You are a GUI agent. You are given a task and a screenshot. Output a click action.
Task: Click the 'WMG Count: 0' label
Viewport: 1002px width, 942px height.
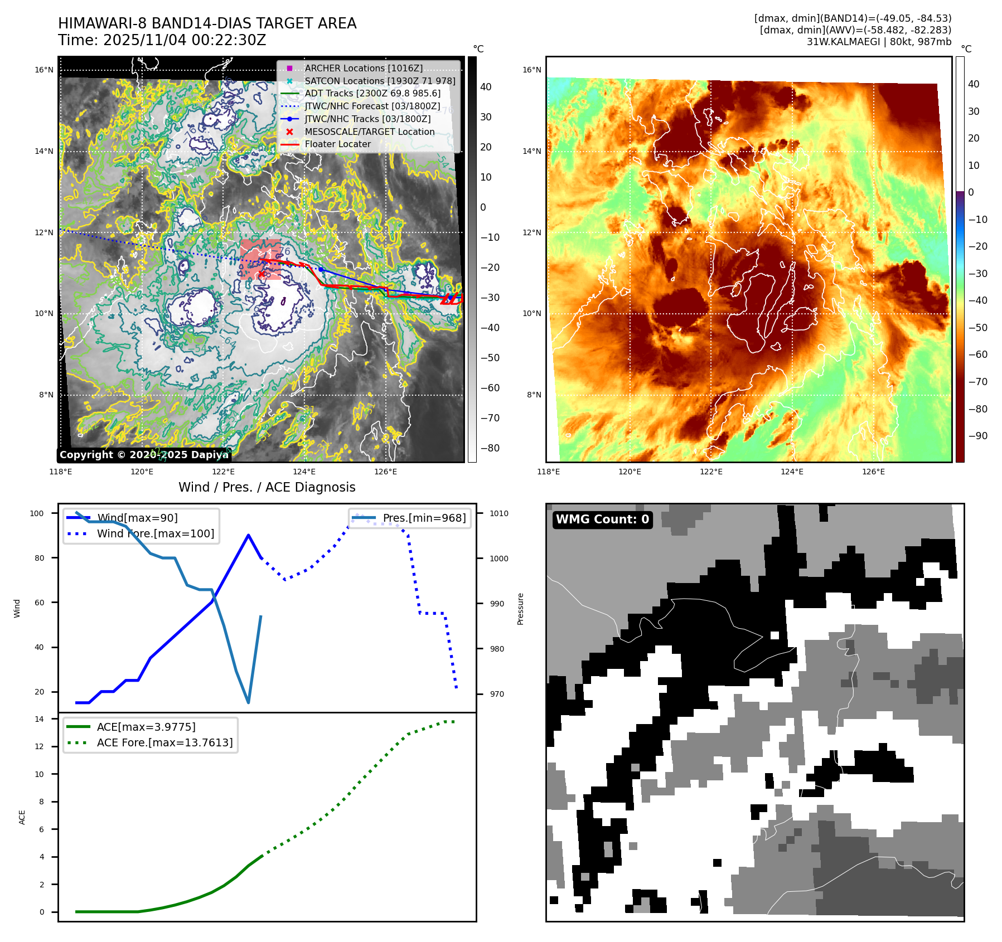(x=602, y=519)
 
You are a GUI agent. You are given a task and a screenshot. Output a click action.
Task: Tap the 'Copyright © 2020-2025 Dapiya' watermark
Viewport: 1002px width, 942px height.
(x=144, y=455)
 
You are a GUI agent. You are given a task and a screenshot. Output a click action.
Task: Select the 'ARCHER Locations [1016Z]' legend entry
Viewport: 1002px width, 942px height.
(x=364, y=68)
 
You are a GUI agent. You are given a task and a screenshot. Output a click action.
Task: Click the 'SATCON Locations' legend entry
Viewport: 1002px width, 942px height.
(x=380, y=81)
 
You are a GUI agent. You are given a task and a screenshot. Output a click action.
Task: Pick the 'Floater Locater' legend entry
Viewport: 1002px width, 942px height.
(x=337, y=144)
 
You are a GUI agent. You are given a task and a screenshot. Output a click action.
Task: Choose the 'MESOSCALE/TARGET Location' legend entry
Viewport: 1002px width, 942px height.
(x=369, y=132)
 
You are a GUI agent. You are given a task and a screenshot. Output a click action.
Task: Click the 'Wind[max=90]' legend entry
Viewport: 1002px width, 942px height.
(x=137, y=518)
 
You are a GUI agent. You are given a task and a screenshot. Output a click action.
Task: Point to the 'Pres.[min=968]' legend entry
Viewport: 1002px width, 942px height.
(x=424, y=518)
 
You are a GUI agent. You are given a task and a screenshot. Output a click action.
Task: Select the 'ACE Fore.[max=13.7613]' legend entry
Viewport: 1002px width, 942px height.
(x=164, y=742)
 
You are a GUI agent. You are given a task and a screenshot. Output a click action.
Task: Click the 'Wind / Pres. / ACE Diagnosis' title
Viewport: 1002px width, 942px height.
(x=267, y=487)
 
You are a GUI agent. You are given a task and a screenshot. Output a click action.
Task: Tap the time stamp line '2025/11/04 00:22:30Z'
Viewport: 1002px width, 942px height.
(x=162, y=40)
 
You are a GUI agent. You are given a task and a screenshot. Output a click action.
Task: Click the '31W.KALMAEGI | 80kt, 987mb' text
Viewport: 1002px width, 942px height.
(x=879, y=42)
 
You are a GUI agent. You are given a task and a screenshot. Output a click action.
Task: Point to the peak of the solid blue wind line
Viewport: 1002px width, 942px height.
(x=248, y=535)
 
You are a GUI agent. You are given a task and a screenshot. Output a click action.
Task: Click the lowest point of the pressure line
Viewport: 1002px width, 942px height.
(x=248, y=702)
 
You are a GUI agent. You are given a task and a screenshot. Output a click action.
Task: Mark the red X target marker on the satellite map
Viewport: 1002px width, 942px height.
(x=261, y=274)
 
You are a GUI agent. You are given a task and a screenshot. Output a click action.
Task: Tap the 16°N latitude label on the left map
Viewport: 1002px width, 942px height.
(x=44, y=70)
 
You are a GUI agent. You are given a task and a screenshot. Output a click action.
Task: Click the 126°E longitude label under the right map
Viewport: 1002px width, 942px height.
(x=873, y=472)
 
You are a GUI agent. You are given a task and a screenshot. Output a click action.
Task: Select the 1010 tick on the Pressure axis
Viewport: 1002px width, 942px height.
(x=499, y=513)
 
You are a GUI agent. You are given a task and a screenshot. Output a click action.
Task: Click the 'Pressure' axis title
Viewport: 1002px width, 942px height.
(x=520, y=609)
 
